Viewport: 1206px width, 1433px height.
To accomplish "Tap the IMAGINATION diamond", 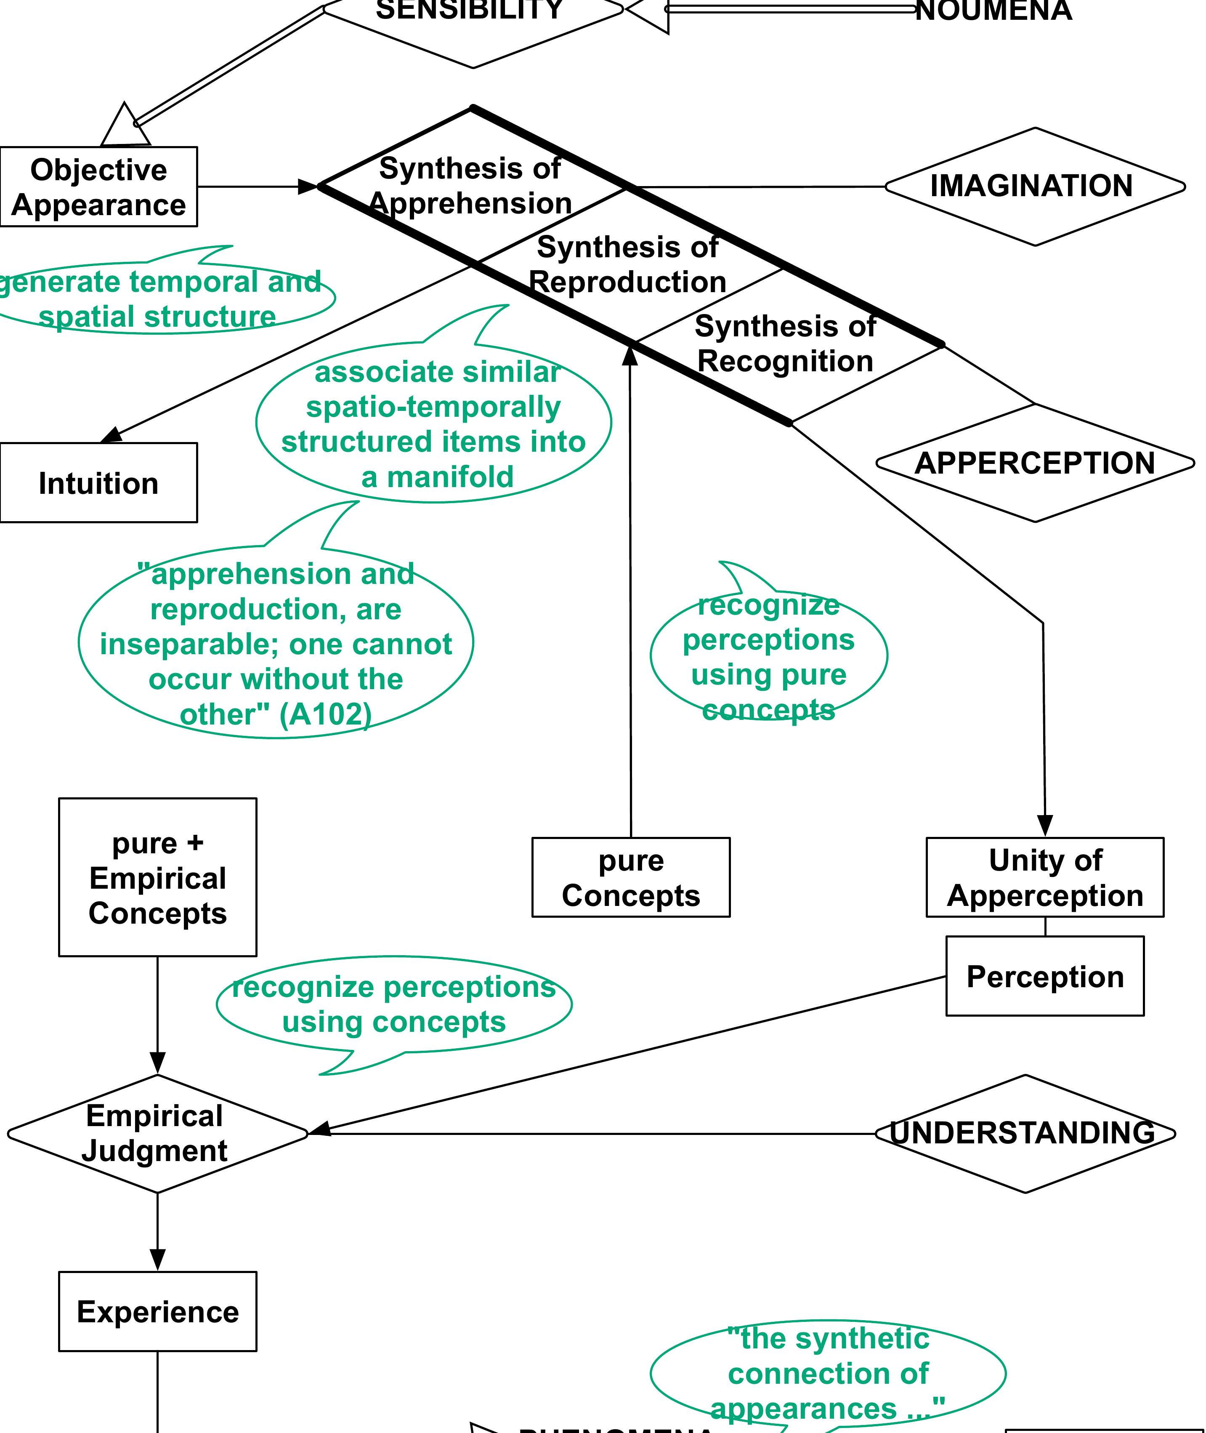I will click(x=1034, y=186).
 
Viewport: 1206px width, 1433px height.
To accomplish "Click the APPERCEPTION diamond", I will click(x=1034, y=463).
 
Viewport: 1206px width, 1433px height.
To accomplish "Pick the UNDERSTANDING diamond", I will click(x=1025, y=1133).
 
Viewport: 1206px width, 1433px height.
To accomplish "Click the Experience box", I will click(x=157, y=1311).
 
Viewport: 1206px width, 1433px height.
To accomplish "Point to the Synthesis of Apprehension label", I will click(x=470, y=185).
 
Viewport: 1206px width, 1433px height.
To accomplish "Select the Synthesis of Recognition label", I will click(x=785, y=344).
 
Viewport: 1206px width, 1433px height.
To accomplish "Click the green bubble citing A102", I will click(x=276, y=643).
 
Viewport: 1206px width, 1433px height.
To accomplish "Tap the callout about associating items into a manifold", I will click(x=433, y=424).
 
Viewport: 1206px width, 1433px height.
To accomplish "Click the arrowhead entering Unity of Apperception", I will click(x=1045, y=825).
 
